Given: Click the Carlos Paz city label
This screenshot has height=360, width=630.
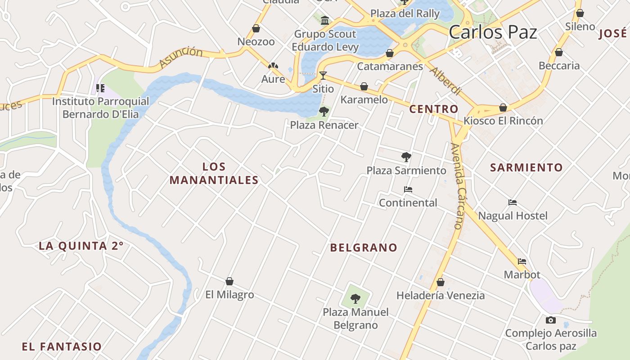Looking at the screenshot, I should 493,32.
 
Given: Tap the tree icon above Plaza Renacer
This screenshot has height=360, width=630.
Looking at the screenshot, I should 324,112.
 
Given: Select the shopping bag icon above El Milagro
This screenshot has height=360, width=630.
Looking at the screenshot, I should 229,281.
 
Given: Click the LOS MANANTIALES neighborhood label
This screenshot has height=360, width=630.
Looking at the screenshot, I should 214,174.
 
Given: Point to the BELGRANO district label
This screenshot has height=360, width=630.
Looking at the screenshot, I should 364,247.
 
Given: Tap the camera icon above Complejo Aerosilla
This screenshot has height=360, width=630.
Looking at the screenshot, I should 550,320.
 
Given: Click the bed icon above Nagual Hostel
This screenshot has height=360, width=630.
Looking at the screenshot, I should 513,202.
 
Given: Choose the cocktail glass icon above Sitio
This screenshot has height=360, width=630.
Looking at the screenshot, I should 323,75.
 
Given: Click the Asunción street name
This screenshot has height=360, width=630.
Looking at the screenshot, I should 181,57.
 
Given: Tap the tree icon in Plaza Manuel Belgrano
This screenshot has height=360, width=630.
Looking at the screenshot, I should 355,298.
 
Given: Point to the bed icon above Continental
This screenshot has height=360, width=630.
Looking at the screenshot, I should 408,189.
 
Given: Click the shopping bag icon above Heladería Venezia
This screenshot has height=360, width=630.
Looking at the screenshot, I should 441,282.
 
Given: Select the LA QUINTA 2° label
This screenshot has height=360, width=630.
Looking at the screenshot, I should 81,246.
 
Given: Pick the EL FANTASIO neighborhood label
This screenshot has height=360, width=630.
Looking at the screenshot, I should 62,346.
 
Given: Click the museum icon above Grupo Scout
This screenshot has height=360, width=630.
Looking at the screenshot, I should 325,20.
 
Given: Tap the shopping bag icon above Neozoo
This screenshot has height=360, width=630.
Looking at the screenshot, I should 256,28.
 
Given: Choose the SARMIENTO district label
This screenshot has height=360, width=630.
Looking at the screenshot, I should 526,168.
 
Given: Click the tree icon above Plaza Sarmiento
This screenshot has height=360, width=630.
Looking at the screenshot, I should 406,157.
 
